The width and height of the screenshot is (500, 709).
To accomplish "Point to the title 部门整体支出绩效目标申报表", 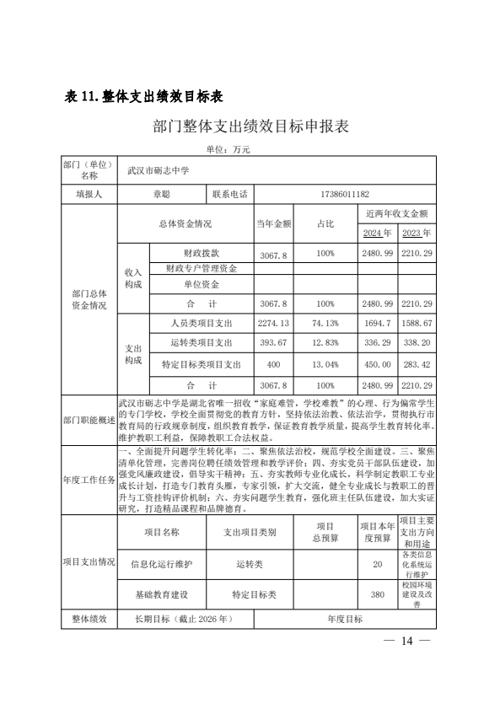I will [251, 126].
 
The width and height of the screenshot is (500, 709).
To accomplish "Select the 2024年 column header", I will [377, 233].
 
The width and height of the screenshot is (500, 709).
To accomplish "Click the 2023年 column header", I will [417, 233].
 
